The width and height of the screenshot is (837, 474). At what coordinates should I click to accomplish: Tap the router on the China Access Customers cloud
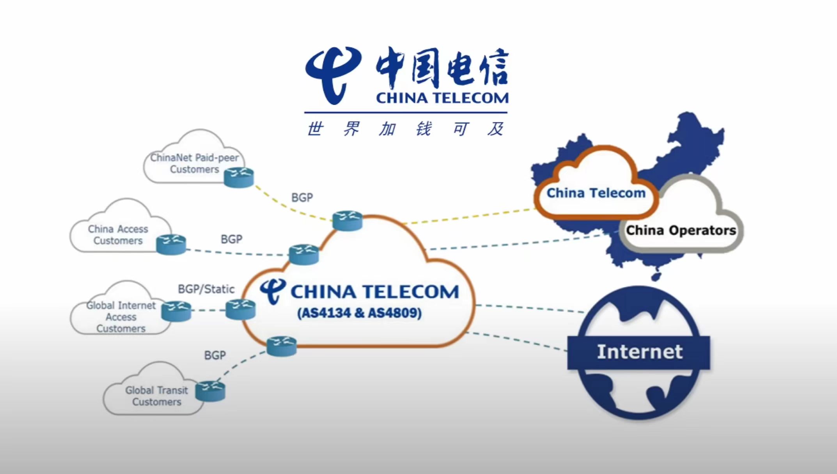(x=171, y=244)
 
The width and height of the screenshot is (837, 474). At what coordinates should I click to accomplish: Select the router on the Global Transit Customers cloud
(x=210, y=391)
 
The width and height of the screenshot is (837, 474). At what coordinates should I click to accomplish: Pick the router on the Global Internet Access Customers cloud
(x=176, y=311)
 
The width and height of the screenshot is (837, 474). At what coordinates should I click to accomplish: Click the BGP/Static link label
(x=206, y=289)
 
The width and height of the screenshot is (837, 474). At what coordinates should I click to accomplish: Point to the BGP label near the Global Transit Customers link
(x=215, y=355)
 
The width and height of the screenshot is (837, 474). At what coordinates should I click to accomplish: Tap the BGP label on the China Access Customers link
(x=231, y=239)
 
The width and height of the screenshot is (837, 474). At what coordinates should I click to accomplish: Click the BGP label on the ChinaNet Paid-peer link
(x=302, y=198)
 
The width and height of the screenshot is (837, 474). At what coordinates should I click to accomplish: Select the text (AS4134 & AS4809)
(x=359, y=313)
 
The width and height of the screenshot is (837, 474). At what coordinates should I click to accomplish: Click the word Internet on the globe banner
(x=640, y=352)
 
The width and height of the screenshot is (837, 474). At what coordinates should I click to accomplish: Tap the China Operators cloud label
(x=681, y=231)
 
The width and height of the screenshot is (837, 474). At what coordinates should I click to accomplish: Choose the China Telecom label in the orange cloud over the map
(x=596, y=193)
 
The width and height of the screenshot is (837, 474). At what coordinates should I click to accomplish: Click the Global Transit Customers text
(x=156, y=396)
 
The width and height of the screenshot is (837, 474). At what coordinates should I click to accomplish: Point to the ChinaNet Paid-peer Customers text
(x=194, y=163)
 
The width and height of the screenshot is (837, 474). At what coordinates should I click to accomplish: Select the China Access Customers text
(x=118, y=235)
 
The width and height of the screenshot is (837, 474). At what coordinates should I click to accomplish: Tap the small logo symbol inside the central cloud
(x=273, y=291)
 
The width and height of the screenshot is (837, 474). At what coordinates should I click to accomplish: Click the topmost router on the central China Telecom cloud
(x=347, y=221)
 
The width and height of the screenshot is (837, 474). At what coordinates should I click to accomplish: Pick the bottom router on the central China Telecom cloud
(x=282, y=346)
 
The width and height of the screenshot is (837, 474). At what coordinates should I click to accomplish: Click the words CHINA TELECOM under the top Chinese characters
(x=442, y=98)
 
